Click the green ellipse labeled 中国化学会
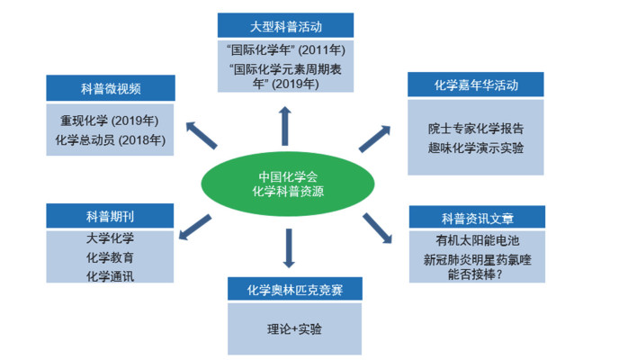[x=288, y=184]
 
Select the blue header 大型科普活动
[x=285, y=25]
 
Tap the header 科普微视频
[x=111, y=87]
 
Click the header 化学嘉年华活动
[x=476, y=85]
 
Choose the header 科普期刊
[x=110, y=216]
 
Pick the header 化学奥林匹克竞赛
[x=295, y=289]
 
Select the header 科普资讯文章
[x=477, y=218]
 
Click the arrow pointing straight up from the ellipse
[x=285, y=126]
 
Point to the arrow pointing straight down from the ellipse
[x=289, y=248]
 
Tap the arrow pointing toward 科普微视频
[x=202, y=135]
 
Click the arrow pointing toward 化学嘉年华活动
[x=374, y=139]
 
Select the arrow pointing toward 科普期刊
[x=194, y=227]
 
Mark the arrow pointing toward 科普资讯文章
[x=377, y=229]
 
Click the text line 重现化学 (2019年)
[x=110, y=121]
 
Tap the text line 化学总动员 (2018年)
[x=110, y=139]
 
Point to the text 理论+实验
[x=294, y=329]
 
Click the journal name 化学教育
[x=110, y=257]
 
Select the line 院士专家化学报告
[x=476, y=128]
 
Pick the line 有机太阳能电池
[x=477, y=240]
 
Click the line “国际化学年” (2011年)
[x=285, y=50]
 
